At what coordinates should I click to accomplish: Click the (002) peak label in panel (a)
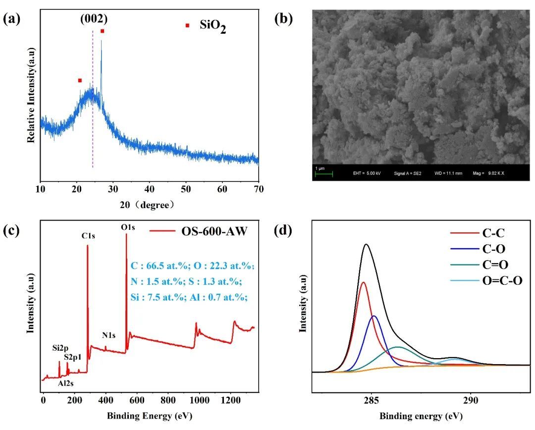94,19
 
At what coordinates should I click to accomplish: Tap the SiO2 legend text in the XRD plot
213,26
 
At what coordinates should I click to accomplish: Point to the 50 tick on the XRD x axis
186,189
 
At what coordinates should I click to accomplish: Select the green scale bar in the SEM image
324,173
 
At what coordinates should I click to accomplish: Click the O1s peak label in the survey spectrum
128,227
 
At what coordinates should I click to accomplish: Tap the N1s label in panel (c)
109,335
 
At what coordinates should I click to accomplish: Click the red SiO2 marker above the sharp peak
102,31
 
